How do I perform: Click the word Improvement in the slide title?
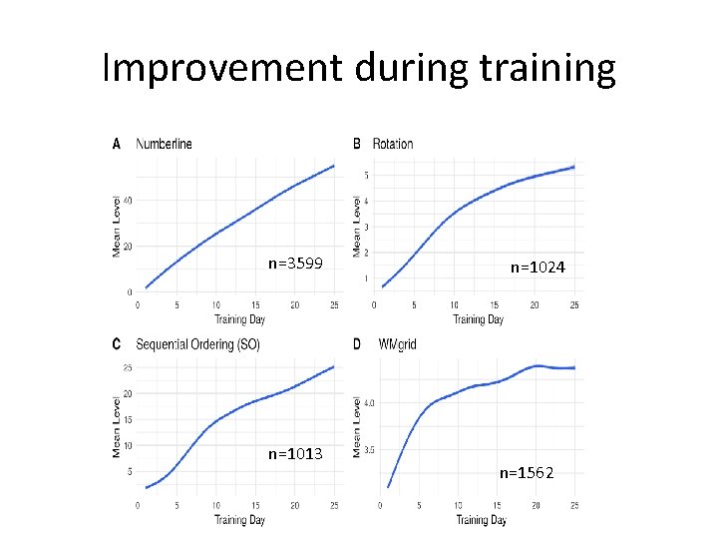pyautogui.click(x=223, y=68)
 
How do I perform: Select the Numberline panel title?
pyautogui.click(x=165, y=144)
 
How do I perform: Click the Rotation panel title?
pyautogui.click(x=393, y=144)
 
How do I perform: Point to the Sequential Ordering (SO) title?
pyautogui.click(x=199, y=344)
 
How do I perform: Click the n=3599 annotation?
pyautogui.click(x=295, y=264)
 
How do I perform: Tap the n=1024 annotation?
pyautogui.click(x=538, y=268)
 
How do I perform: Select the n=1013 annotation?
pyautogui.click(x=295, y=454)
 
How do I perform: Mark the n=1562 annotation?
pyautogui.click(x=527, y=472)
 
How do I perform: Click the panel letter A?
pyautogui.click(x=117, y=144)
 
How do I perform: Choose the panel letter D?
pyautogui.click(x=357, y=344)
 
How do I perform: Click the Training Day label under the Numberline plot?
pyautogui.click(x=239, y=319)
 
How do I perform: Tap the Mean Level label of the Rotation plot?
pyautogui.click(x=356, y=226)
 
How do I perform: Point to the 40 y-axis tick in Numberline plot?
pyautogui.click(x=128, y=200)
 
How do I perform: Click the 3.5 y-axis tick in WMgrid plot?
pyautogui.click(x=369, y=450)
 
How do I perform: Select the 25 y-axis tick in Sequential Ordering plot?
pyautogui.click(x=127, y=368)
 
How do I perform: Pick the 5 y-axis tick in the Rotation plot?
pyautogui.click(x=367, y=176)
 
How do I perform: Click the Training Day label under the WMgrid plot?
pyautogui.click(x=482, y=519)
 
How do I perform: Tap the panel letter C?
pyautogui.click(x=117, y=344)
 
